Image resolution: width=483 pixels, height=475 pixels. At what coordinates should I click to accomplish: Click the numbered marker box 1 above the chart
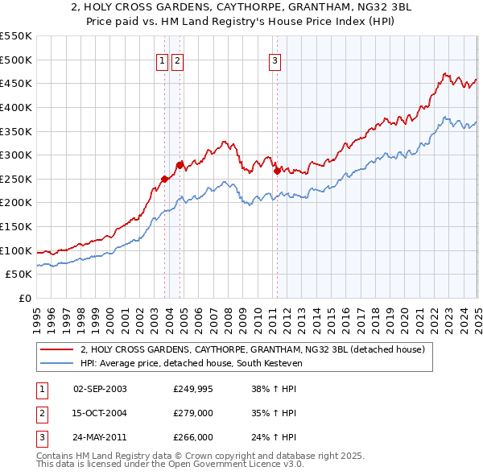(162, 59)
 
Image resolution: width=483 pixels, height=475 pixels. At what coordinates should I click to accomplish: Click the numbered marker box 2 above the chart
(177, 59)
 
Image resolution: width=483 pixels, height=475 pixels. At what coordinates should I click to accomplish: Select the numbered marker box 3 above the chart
(275, 59)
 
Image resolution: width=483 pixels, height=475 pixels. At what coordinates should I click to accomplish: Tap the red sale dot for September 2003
(164, 179)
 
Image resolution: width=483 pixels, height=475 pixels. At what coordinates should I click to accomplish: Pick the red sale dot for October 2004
(180, 164)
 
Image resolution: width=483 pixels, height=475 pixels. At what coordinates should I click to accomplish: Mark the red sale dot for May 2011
(277, 171)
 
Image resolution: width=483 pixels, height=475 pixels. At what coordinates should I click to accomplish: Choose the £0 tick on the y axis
(25, 299)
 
